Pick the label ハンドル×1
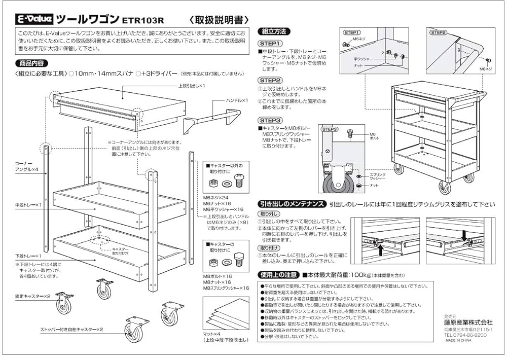[236, 100]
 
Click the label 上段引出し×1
[191, 86]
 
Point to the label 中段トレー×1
[28, 205]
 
